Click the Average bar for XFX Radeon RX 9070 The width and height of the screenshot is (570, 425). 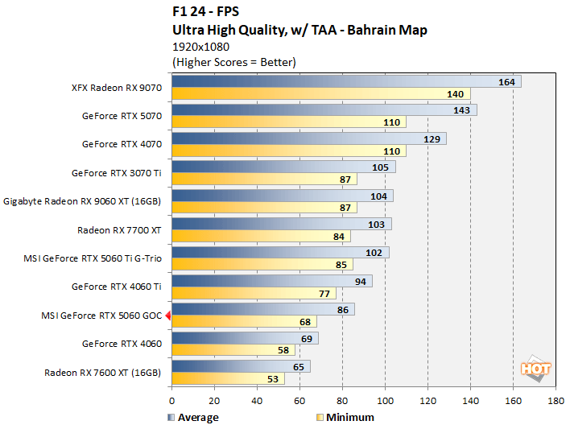(346, 81)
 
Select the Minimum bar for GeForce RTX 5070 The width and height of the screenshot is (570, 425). (288, 122)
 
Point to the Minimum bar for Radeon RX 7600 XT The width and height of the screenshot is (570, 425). (228, 378)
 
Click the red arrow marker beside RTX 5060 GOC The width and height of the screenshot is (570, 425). (167, 316)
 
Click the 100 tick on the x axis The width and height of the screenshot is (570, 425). (385, 400)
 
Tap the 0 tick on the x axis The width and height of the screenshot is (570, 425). (171, 400)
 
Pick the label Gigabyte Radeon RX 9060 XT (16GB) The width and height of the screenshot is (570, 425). (83, 201)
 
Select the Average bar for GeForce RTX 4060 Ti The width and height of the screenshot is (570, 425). (271, 281)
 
